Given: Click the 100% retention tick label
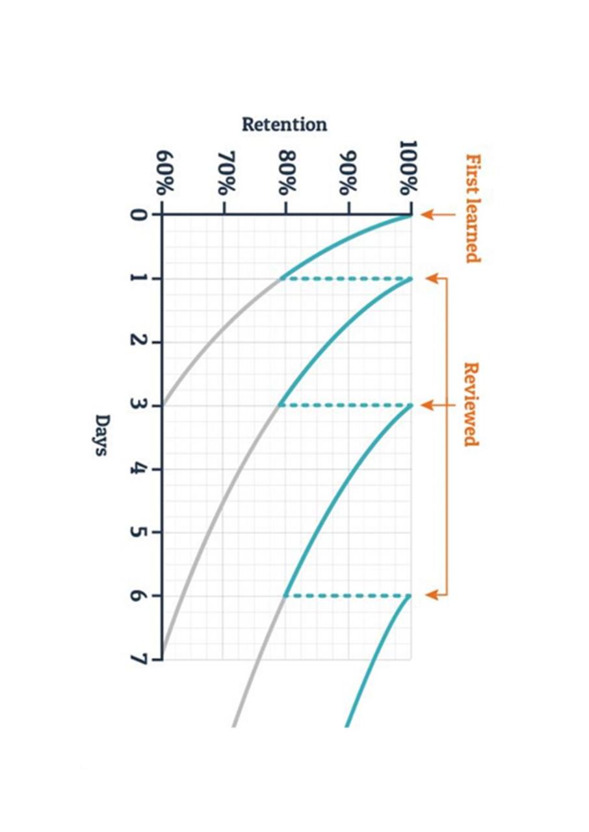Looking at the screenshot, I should point(408,169).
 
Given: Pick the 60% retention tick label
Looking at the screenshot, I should point(164,174).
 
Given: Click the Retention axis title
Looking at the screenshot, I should point(284,124).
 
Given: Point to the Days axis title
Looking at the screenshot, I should point(101,435).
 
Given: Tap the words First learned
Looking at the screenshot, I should point(473,208).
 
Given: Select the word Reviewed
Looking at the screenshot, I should point(471,404).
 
